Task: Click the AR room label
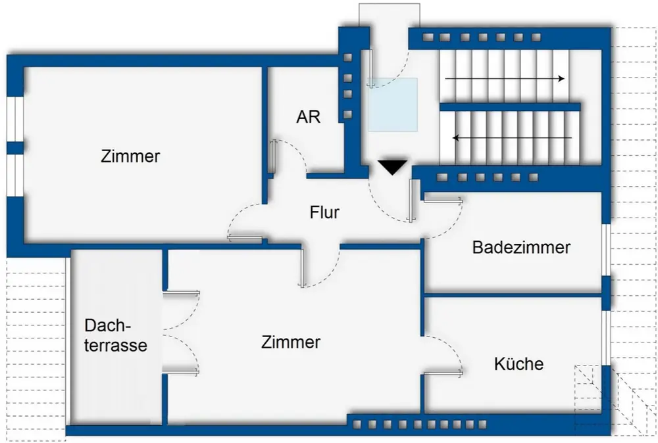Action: (309, 117)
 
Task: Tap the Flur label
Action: (324, 213)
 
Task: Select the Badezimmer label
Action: (521, 248)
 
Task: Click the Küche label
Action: (519, 363)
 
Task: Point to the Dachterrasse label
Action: (116, 335)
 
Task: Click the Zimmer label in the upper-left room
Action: (130, 157)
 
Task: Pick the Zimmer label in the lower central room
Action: (290, 342)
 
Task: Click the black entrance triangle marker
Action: (393, 167)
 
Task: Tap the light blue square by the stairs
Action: (392, 105)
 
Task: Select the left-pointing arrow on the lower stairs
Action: (512, 138)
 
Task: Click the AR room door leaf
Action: (272, 157)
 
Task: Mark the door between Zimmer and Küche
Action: (442, 373)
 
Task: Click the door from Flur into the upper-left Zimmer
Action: (245, 237)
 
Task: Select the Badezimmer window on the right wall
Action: (606, 250)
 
